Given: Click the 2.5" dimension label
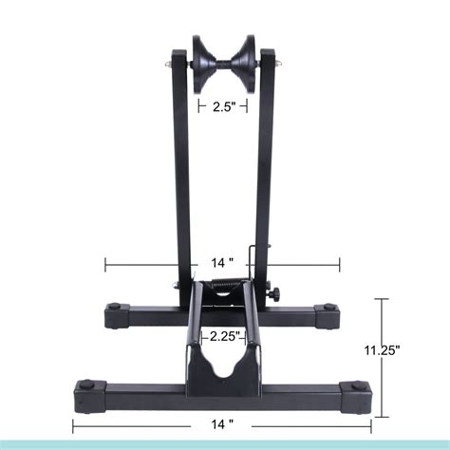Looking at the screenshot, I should pyautogui.click(x=225, y=107).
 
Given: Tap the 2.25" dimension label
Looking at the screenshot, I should pyautogui.click(x=224, y=335).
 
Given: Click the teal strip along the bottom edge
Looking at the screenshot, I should pyautogui.click(x=225, y=444).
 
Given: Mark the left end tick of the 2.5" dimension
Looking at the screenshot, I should pyautogui.click(x=197, y=107).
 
